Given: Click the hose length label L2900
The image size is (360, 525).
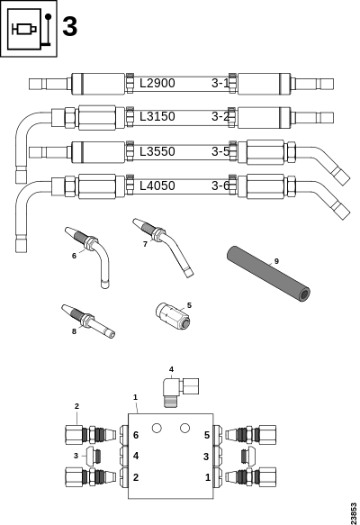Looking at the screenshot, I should pos(157,83).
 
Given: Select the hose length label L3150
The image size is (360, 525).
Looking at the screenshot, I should pos(157,116).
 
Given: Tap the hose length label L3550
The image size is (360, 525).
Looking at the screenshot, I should pos(157,151).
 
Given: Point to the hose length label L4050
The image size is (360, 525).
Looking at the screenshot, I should pos(157,186).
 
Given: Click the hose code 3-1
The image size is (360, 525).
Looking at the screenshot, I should pos(220,83).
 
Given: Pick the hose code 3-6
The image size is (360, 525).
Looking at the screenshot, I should pos(220,186).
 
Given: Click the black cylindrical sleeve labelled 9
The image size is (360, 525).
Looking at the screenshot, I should pos(266,269).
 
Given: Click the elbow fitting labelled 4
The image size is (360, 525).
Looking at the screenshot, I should pos(178,387).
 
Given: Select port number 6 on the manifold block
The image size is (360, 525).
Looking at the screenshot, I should pos(136,435).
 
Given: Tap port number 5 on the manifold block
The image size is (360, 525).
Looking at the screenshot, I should pos(206,435).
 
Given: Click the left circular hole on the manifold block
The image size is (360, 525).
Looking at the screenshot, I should pos(156,427).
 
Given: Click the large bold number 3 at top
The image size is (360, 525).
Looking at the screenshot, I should pos(70,27).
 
